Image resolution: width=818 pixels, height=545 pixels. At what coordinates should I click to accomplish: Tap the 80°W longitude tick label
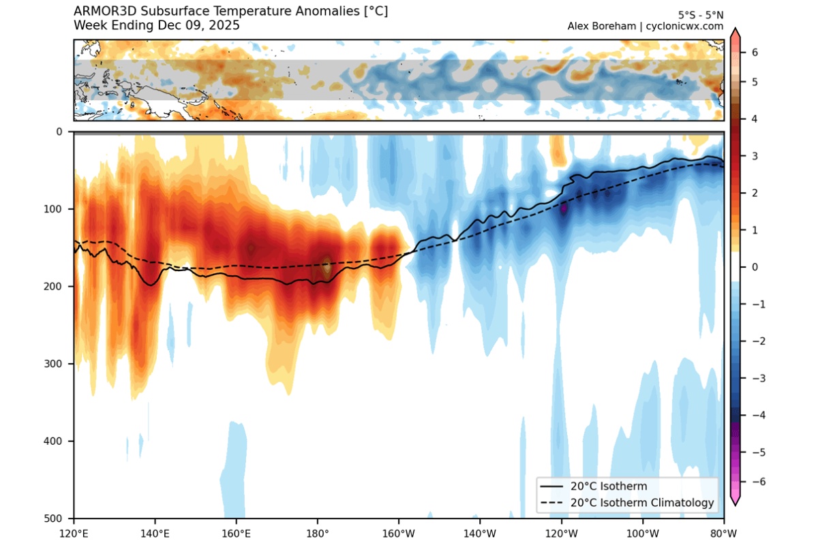point(723,533)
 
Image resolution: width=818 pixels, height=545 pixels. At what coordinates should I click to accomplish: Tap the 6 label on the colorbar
point(755,52)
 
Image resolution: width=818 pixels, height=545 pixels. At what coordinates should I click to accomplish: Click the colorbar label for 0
point(755,267)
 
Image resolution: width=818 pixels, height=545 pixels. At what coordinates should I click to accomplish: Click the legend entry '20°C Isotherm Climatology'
point(643,503)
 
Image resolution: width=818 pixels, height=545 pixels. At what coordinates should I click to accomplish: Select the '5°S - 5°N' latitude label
point(701,14)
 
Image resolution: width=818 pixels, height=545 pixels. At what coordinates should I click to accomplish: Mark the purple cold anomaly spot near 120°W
point(564,208)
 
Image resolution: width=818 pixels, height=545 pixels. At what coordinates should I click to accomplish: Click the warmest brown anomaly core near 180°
point(327,265)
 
